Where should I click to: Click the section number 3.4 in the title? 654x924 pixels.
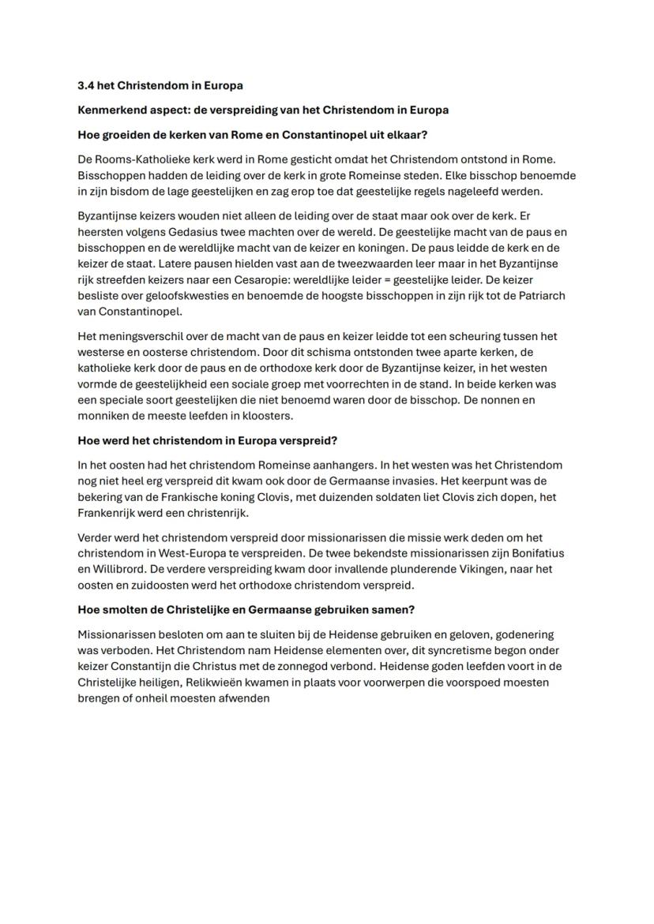[85, 85]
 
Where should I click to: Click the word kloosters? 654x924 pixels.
[267, 416]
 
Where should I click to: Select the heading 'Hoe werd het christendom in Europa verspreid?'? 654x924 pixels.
[207, 440]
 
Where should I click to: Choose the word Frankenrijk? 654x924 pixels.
[111, 513]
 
